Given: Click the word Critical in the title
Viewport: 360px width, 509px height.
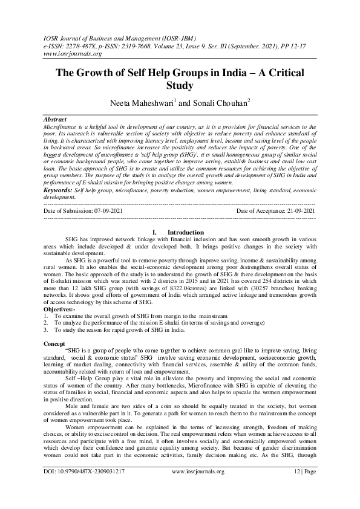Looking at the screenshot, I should (x=284, y=72).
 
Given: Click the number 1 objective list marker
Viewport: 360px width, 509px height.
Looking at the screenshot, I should (x=47, y=315).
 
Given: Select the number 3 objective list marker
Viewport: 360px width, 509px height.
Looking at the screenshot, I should (x=47, y=330).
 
